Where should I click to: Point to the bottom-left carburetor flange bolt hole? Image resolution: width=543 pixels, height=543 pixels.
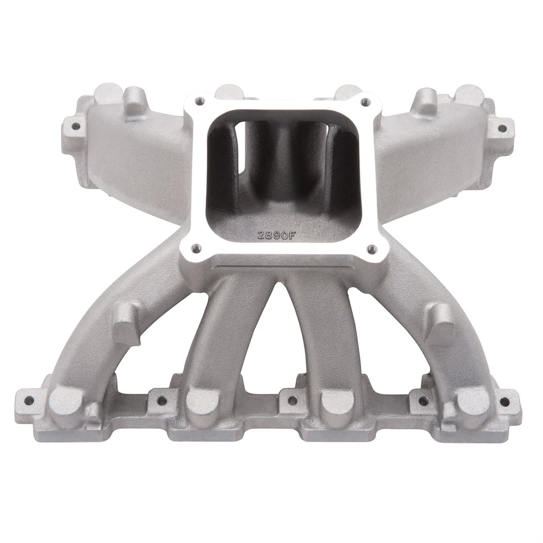(195, 247)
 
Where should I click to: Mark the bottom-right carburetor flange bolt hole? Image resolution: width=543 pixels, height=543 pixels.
(371, 248)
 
